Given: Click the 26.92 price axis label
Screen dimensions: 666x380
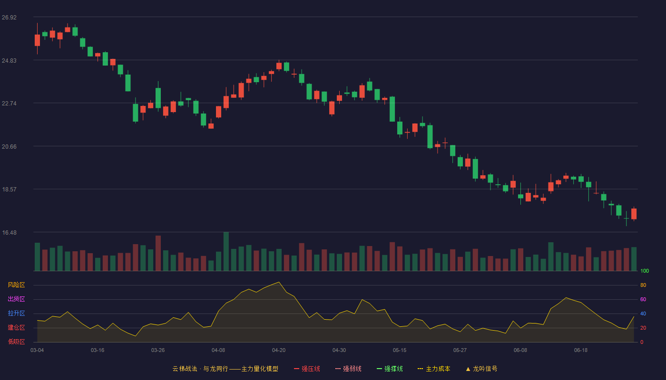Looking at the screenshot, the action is click(9, 18).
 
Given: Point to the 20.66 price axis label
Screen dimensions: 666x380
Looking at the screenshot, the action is click(9, 147).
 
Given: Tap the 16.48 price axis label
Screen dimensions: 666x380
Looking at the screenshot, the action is click(9, 233).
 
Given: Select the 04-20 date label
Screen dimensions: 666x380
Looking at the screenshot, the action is click(279, 351).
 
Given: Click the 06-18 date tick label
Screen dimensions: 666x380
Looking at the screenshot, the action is click(581, 351).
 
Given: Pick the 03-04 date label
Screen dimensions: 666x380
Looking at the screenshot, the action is click(37, 351).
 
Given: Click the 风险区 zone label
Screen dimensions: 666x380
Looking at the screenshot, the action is click(16, 285).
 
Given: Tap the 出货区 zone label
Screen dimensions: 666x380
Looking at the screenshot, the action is click(16, 299).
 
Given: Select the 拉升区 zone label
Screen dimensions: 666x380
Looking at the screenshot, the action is click(16, 313).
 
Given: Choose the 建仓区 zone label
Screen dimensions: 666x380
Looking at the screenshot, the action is click(16, 327).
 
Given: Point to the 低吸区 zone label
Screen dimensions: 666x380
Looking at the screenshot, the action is click(16, 342).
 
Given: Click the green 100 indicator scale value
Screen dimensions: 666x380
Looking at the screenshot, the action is click(645, 271).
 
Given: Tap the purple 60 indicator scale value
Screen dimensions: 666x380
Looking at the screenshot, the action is click(643, 299).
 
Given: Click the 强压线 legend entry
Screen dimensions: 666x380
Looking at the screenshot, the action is click(307, 369).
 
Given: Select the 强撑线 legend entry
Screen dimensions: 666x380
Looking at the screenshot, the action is click(390, 369).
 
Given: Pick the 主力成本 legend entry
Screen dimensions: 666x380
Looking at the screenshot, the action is click(434, 369).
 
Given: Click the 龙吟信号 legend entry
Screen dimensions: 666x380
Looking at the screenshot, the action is click(481, 369).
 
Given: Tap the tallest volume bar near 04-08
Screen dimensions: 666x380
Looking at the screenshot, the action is click(226, 251).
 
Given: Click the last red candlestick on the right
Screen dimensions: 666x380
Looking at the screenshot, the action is click(634, 214).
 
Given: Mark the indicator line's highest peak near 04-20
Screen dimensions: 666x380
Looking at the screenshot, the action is click(279, 282).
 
